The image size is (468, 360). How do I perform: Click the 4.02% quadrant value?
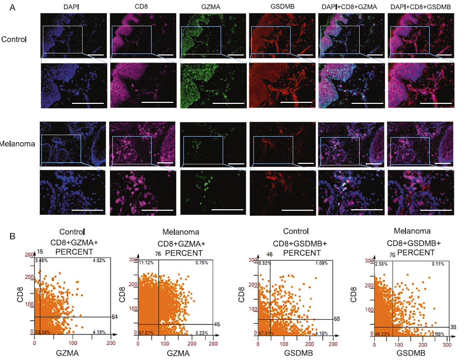(x=98, y=261)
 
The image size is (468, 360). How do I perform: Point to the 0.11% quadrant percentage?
(x=437, y=264)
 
